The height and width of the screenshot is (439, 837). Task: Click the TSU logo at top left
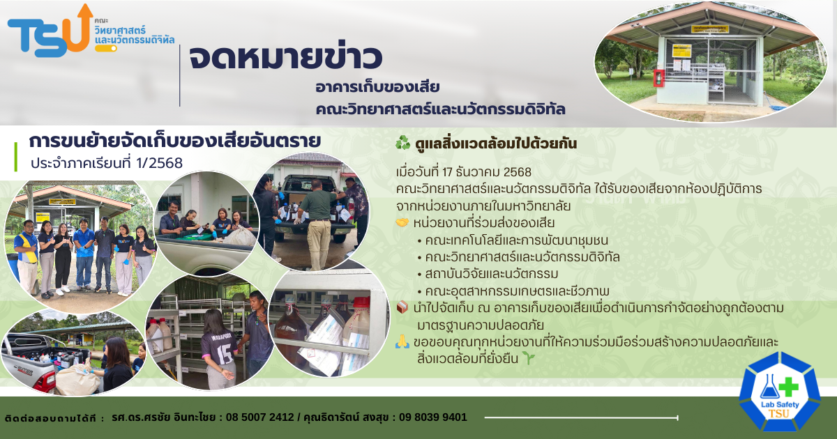click(50, 31)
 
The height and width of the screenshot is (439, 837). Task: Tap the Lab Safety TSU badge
click(780, 392)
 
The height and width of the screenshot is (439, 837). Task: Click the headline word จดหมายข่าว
click(286, 57)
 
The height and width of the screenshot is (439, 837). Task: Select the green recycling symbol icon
click(403, 143)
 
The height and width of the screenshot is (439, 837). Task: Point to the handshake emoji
click(402, 223)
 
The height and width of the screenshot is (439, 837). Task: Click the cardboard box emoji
click(402, 307)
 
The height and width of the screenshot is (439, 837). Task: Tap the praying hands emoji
click(402, 341)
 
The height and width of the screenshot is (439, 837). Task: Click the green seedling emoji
click(529, 358)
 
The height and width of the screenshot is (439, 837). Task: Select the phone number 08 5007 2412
click(259, 417)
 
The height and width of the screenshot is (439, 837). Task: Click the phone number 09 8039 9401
click(433, 417)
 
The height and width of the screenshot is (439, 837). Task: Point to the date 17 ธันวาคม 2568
click(487, 172)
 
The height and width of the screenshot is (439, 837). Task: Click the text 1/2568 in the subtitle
click(159, 163)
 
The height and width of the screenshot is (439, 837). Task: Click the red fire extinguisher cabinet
click(658, 78)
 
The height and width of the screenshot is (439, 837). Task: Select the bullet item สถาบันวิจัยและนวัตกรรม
click(491, 274)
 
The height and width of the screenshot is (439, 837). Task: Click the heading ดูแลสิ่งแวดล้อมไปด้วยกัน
click(496, 144)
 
